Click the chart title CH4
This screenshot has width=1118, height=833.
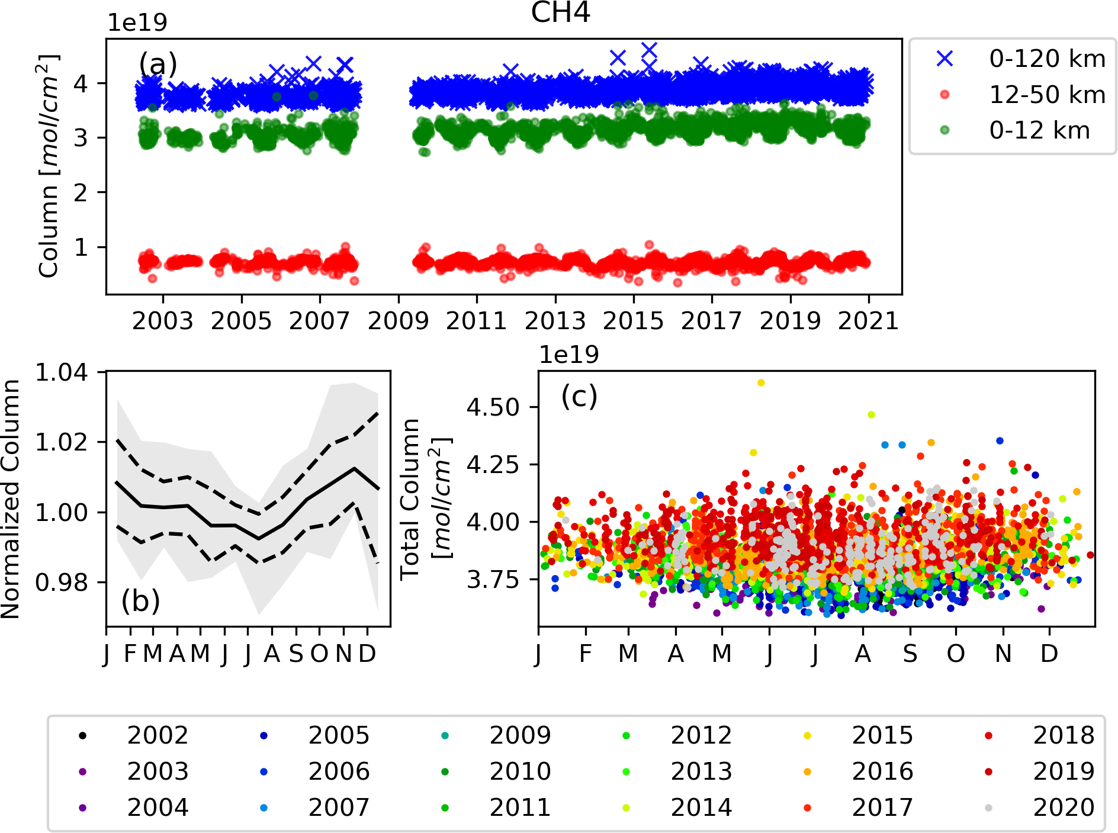[560, 12]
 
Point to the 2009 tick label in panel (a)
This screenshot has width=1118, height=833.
[398, 321]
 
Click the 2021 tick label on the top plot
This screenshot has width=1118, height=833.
[869, 321]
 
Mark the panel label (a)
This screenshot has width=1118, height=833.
[158, 64]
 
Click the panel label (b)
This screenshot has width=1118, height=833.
[141, 602]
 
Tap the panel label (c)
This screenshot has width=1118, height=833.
[579, 396]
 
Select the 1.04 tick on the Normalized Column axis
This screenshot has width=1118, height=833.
[62, 372]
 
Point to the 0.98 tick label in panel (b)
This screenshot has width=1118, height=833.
[62, 583]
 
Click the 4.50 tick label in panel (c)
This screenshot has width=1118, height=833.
[494, 407]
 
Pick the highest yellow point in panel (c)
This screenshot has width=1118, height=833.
[761, 383]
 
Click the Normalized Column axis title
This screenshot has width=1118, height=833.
[11, 499]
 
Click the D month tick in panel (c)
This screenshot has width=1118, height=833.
[1049, 654]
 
